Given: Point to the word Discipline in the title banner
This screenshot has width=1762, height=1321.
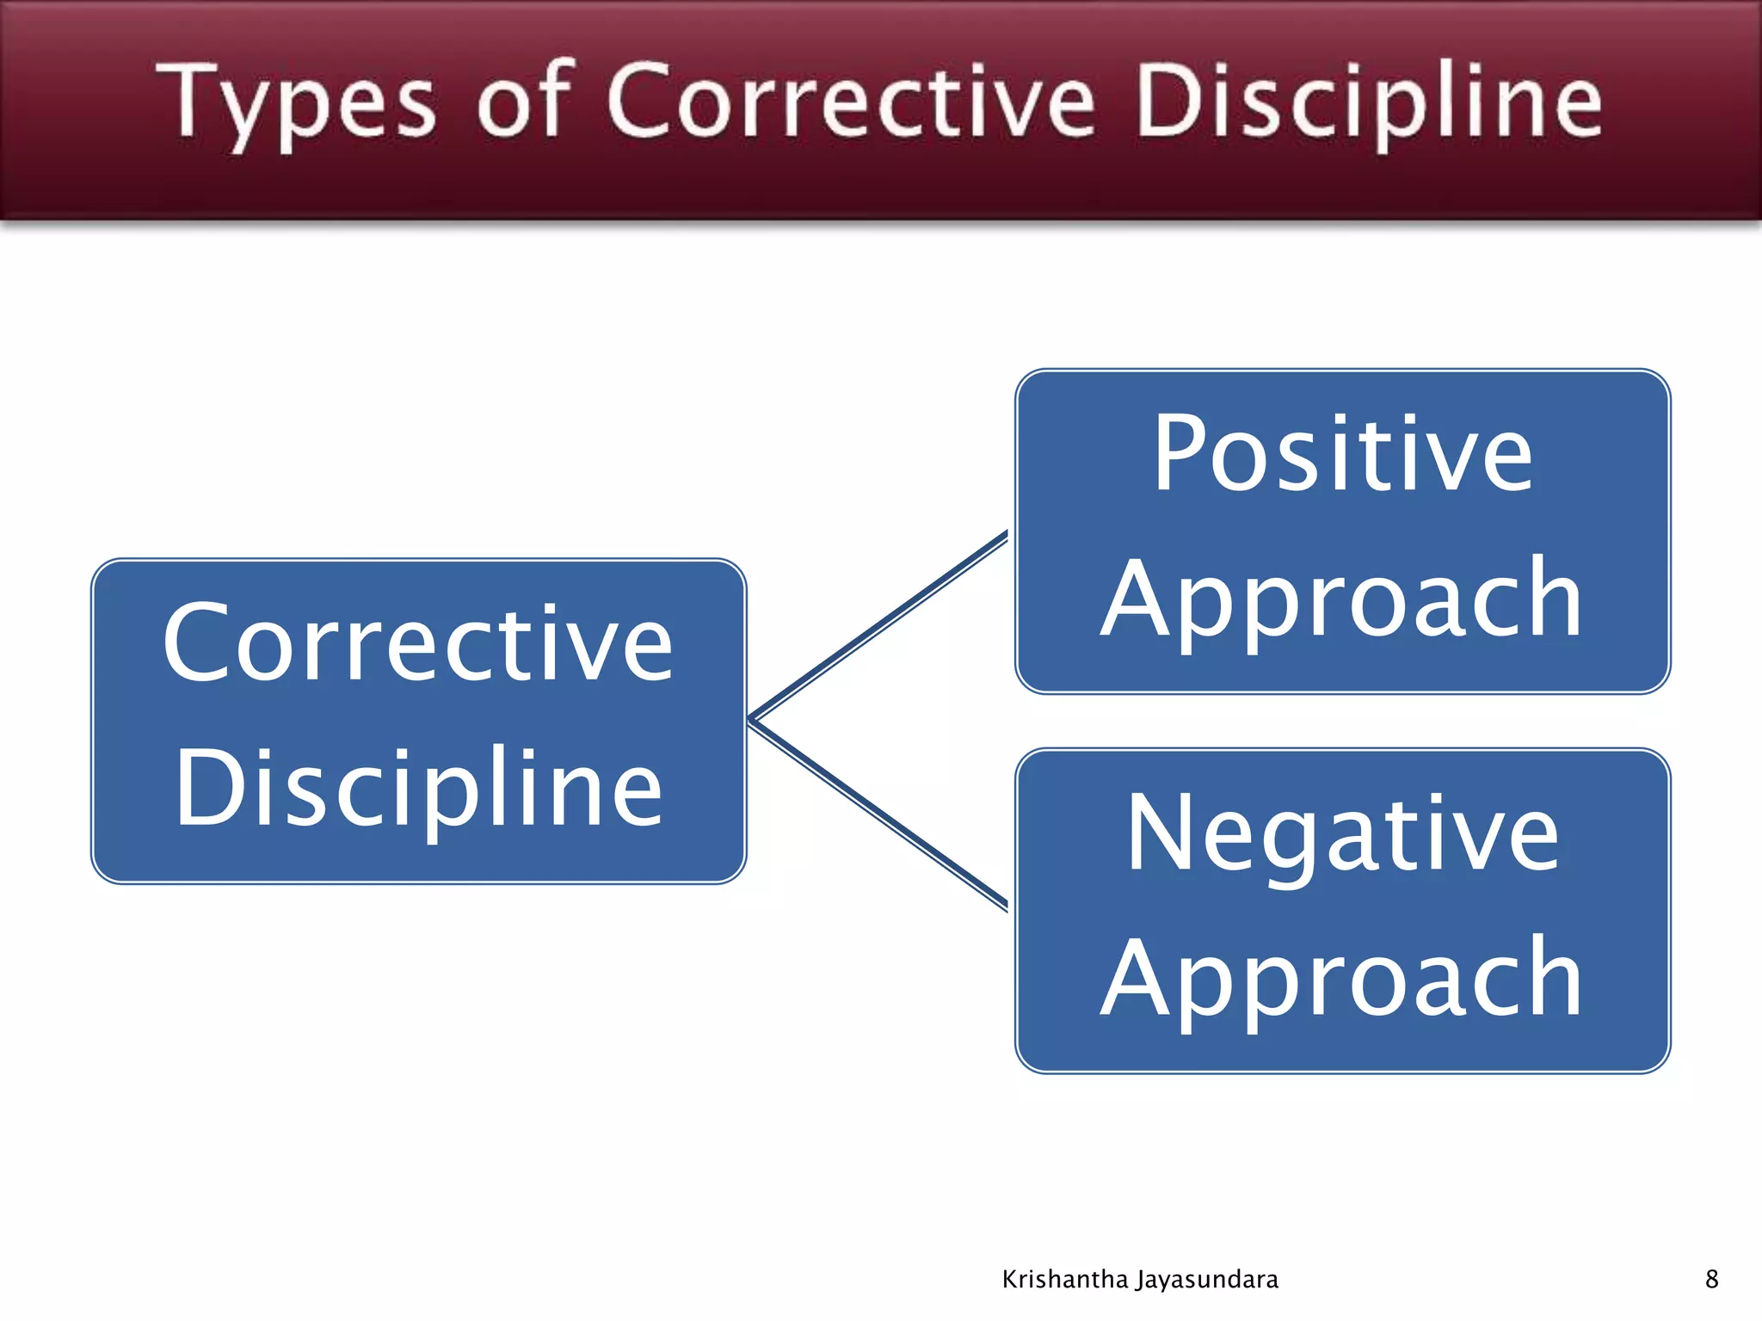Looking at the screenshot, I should click(1369, 103).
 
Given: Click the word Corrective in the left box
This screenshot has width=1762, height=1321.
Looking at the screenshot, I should click(418, 643).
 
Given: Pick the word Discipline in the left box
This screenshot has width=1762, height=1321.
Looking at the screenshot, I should click(418, 787).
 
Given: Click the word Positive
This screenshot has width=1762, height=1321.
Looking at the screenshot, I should click(1342, 453).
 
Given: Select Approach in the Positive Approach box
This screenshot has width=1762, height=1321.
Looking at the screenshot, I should click(1342, 599).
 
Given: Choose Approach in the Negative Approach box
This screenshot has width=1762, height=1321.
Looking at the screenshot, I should click(1342, 979).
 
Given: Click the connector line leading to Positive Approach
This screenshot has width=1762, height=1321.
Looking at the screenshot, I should click(878, 627).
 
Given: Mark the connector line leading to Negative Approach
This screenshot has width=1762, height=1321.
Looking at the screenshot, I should click(878, 814).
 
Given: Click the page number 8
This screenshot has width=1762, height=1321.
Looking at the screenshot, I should click(1711, 1279).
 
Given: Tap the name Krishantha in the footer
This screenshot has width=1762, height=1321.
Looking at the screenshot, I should click(1065, 1280).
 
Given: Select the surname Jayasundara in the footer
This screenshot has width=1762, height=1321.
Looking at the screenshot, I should click(1207, 1280).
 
